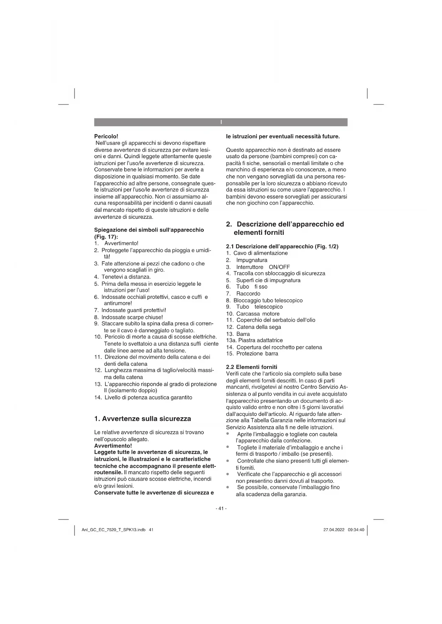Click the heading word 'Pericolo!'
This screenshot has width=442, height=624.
click(x=106, y=136)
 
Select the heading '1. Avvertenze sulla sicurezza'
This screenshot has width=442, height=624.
click(x=142, y=419)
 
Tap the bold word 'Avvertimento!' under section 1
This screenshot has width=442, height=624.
click(x=113, y=446)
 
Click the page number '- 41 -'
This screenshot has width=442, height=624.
click(x=221, y=508)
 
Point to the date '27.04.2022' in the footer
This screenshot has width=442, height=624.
click(x=334, y=530)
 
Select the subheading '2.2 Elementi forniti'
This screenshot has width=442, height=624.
click(x=251, y=367)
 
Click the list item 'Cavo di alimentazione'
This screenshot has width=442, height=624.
click(x=260, y=253)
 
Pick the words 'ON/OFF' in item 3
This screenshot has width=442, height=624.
click(x=279, y=267)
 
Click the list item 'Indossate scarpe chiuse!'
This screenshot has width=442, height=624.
click(x=132, y=317)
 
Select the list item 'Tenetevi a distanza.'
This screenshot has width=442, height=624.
click(x=126, y=277)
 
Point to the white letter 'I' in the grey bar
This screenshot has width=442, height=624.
click(x=221, y=122)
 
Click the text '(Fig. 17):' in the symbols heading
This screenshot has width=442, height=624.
click(x=106, y=237)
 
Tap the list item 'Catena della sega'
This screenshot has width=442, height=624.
click(x=259, y=327)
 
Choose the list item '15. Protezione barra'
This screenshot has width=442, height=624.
click(x=252, y=354)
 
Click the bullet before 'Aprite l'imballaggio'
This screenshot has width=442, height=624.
click(x=228, y=434)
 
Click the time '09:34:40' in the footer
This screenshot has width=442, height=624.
click(x=356, y=530)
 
